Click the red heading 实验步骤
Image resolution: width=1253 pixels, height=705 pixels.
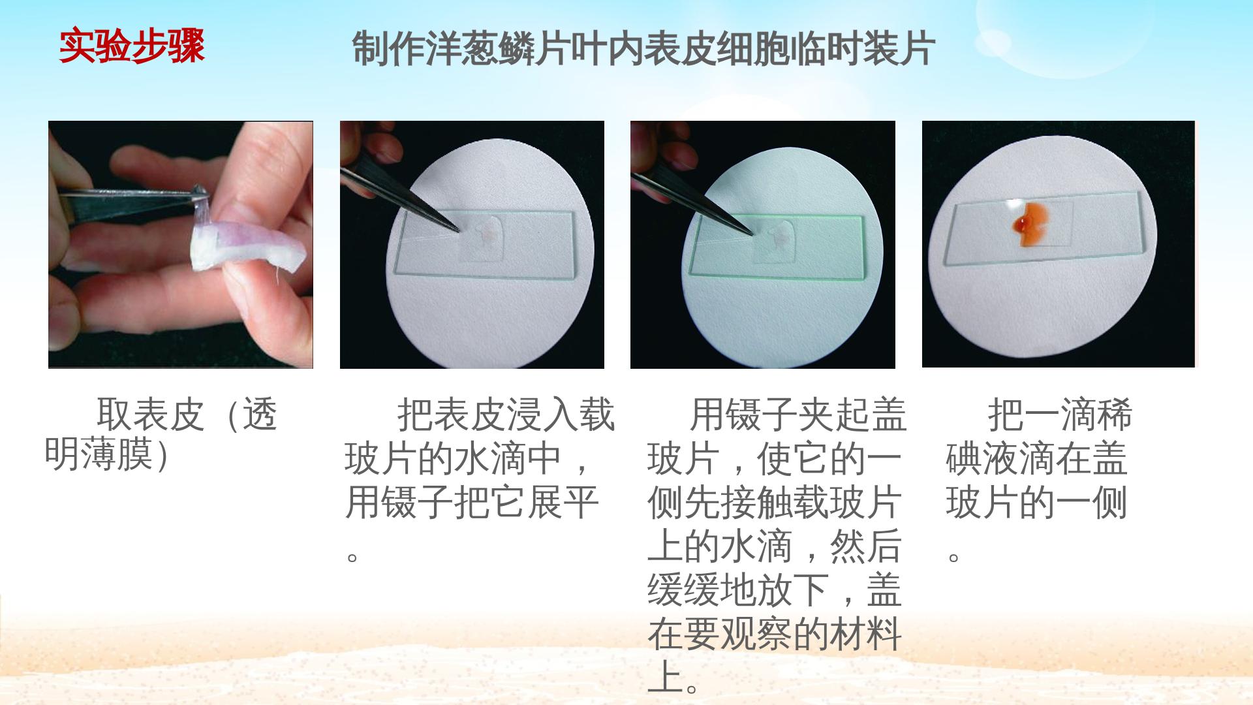tap(132, 46)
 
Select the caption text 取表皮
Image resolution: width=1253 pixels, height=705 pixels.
tap(151, 414)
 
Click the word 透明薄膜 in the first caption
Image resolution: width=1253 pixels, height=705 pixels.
tap(117, 434)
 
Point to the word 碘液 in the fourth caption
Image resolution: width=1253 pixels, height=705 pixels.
tap(982, 458)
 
